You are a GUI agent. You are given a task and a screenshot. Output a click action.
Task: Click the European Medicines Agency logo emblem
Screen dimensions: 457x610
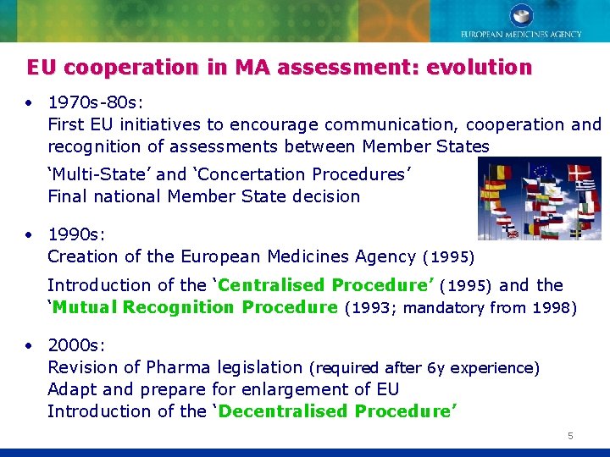(520, 15)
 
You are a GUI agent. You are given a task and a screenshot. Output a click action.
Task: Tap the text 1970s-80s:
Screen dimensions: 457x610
(92, 102)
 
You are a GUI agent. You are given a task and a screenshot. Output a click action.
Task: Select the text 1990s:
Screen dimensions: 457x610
(76, 234)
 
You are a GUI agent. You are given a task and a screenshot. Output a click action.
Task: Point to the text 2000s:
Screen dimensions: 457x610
(76, 345)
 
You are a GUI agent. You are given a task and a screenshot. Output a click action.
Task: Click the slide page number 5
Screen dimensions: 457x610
(570, 436)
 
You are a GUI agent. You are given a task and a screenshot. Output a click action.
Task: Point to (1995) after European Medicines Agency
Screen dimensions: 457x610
(448, 256)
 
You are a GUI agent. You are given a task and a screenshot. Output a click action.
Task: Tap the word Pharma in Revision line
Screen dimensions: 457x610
(177, 367)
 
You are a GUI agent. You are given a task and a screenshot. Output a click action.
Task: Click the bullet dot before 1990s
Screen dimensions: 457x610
(29, 234)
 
